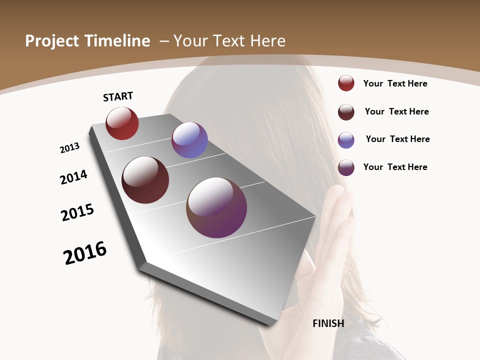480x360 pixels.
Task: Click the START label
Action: coord(118,96)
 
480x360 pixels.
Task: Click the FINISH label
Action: coord(328,323)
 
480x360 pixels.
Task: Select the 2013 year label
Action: coord(69,148)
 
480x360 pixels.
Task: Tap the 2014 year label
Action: coord(73,177)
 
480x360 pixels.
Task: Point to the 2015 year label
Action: coord(77,212)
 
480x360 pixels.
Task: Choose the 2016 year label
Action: coord(85,253)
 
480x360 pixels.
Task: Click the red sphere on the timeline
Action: coord(122,123)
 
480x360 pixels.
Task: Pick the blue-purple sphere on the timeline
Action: coord(189,140)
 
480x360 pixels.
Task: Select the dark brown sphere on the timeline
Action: coord(145,180)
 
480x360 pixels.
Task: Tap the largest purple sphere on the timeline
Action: coord(216,207)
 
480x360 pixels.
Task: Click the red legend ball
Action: coord(346,83)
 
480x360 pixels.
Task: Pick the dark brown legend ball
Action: coord(346,112)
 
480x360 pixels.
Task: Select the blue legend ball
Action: coord(346,140)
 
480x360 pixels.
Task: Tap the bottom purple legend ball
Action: coord(346,167)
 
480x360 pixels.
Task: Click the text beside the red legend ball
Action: coord(395,83)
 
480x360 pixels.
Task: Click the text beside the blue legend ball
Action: coord(397,139)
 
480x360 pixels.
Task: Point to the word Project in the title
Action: coord(52,41)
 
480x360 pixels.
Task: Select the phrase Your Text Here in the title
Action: coord(229,41)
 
